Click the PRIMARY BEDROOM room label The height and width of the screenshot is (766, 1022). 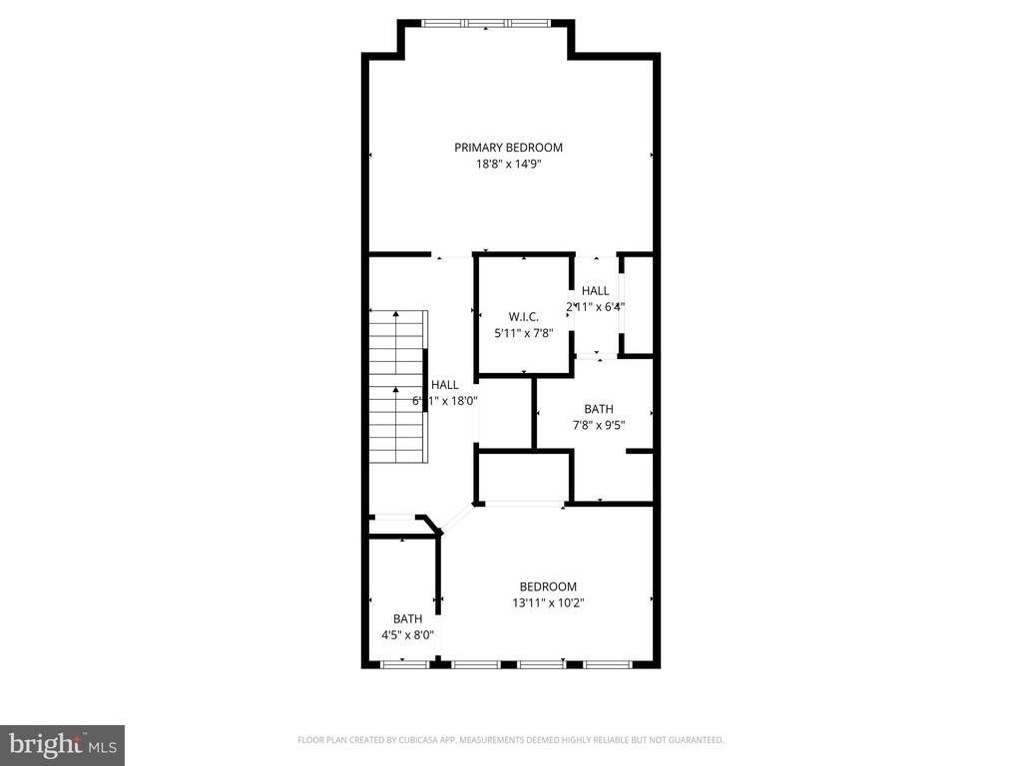point(508,148)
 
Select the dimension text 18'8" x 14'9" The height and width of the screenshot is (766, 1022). point(508,165)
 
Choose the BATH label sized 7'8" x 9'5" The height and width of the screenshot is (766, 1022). point(599,409)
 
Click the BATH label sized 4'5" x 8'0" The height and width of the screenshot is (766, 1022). point(407,618)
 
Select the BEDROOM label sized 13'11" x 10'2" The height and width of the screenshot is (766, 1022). point(548,586)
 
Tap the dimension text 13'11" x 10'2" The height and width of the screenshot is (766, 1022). point(548,602)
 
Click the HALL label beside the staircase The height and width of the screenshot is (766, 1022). point(445,384)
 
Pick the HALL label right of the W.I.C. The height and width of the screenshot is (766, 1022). point(596,290)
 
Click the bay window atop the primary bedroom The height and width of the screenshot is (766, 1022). point(486,23)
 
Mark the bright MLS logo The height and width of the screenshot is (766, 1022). point(62,744)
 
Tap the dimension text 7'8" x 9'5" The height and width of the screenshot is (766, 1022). point(599,426)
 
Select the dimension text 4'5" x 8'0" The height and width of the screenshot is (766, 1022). point(407,634)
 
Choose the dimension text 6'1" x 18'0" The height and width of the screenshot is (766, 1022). point(445,401)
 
